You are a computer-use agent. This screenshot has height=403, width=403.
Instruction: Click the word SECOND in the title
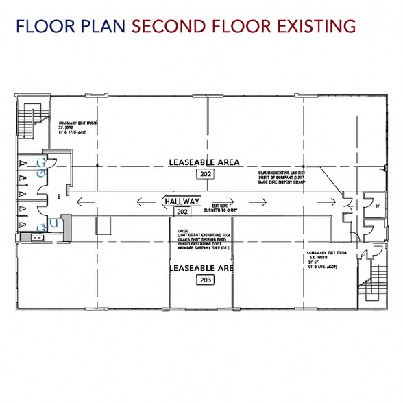click(x=163, y=27)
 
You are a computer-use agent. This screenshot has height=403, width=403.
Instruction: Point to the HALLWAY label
click(x=182, y=201)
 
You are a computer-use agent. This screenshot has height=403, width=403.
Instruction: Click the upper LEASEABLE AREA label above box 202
click(x=204, y=162)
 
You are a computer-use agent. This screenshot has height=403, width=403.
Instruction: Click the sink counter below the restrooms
click(x=34, y=237)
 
